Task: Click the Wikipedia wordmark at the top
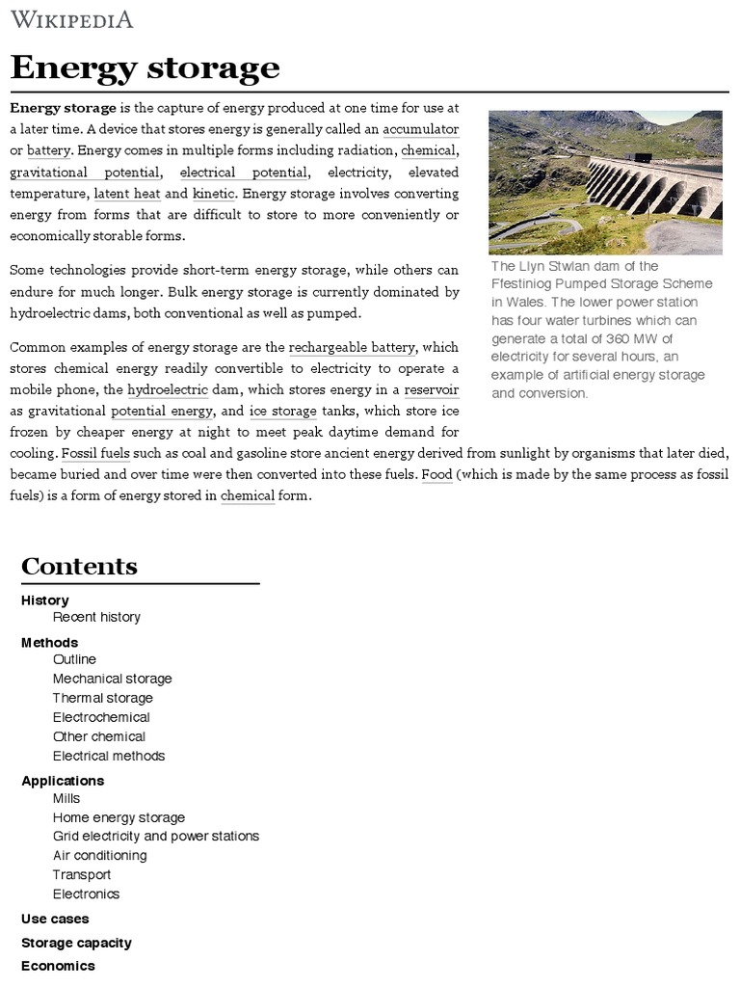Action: pos(71,19)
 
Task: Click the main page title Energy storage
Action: pos(145,68)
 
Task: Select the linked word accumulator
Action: pos(420,129)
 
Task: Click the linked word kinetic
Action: pos(213,193)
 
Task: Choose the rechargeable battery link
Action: pos(352,347)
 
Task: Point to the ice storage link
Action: pos(283,411)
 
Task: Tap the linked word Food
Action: pos(436,474)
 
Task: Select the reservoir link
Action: pos(431,389)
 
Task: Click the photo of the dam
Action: pos(605,181)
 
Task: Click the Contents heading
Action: pos(79,566)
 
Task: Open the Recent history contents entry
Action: pos(96,617)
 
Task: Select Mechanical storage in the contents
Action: pos(112,679)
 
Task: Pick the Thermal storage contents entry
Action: pos(102,698)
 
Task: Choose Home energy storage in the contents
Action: pos(119,817)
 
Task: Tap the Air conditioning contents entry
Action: pos(99,855)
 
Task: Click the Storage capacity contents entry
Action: pos(76,943)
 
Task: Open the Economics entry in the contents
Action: pos(58,965)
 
